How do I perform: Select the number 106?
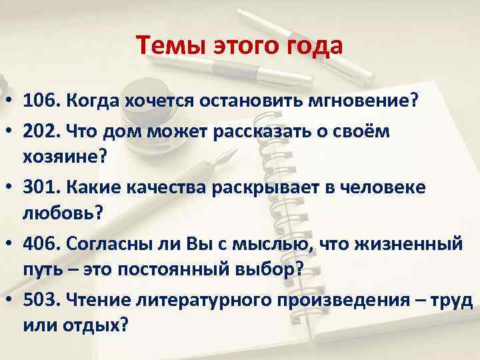40,101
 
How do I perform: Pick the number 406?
40,244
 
